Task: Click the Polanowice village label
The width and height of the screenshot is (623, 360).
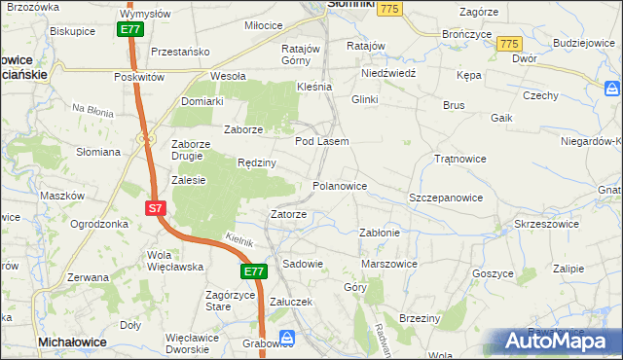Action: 339,185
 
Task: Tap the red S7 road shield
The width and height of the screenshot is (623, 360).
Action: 156,208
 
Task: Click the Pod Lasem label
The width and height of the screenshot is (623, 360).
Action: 321,142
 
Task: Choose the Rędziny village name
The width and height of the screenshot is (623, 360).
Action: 257,162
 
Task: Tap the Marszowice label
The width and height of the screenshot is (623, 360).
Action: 389,264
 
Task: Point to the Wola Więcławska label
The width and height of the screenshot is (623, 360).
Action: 173,261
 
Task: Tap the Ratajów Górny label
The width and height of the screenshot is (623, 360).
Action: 301,54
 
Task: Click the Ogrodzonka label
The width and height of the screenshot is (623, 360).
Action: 99,224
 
